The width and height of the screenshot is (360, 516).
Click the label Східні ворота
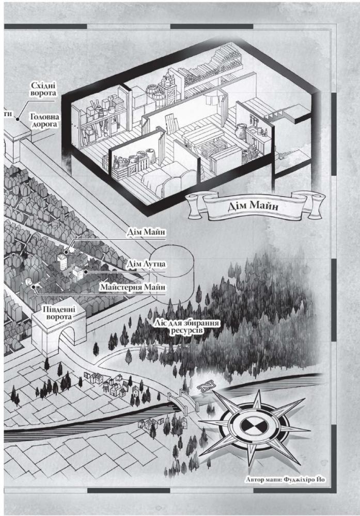click(x=43, y=89)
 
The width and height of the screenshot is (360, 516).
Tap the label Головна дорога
click(x=44, y=120)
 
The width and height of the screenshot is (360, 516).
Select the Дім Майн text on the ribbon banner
click(x=253, y=206)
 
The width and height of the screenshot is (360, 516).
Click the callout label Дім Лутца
click(x=146, y=264)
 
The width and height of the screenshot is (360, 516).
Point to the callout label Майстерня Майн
click(x=133, y=287)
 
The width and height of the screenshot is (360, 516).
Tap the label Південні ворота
click(x=59, y=313)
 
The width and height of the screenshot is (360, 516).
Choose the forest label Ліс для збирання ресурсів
click(x=187, y=327)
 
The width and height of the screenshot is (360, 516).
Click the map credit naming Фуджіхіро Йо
click(x=285, y=479)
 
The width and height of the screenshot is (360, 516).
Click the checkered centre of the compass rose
click(x=254, y=427)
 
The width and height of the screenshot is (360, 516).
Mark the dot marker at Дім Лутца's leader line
click(x=85, y=272)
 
